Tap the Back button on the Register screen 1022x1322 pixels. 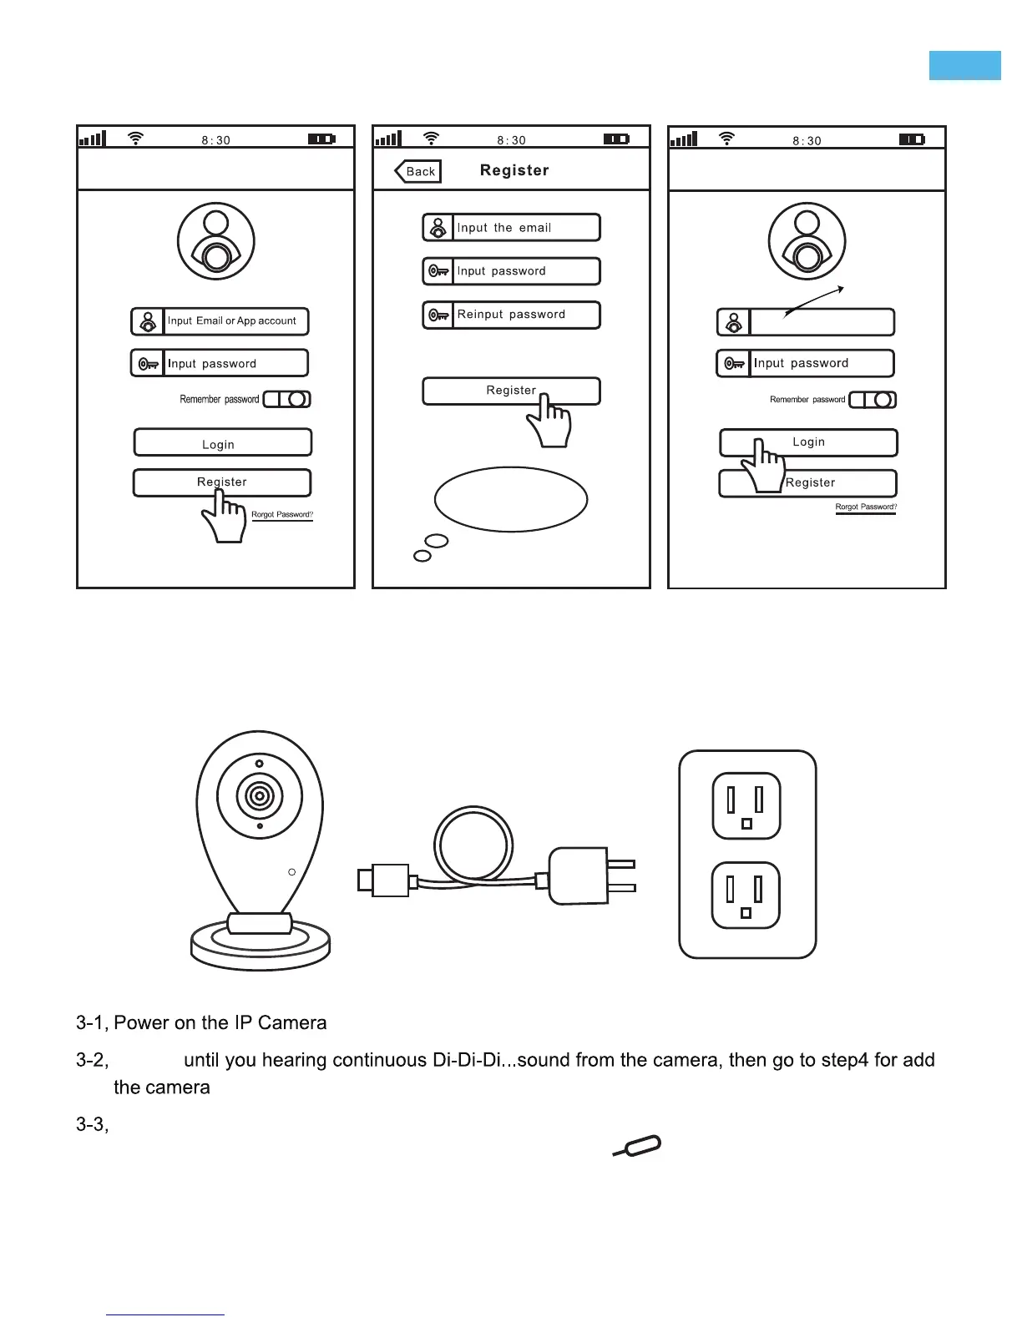coord(418,171)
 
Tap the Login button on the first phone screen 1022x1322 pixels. coord(222,442)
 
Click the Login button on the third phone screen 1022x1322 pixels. coord(808,442)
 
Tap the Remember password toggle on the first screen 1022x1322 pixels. coord(287,399)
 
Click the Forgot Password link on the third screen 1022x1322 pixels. coord(866,507)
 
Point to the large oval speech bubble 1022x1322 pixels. coord(511,499)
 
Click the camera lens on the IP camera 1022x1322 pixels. coord(260,796)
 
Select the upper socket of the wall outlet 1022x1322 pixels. coord(746,805)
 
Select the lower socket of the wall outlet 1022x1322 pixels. coord(746,895)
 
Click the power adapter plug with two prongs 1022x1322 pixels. coord(584,875)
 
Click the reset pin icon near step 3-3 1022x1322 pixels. coord(639,1146)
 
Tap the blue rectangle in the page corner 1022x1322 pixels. coord(964,65)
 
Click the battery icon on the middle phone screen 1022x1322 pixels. coord(616,139)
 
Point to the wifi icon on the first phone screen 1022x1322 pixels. coord(135,139)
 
